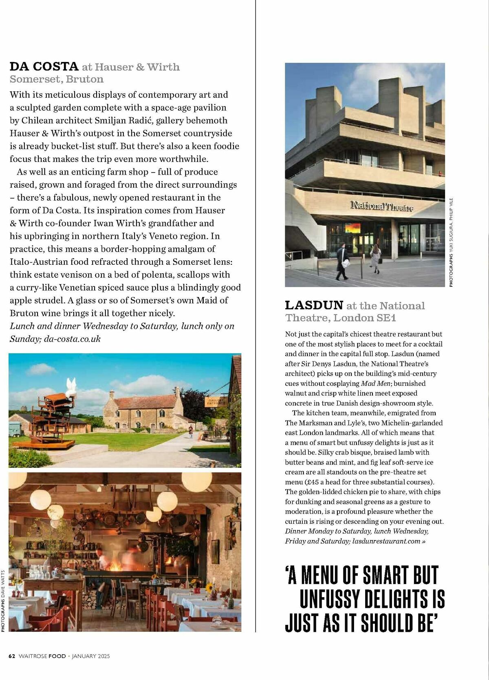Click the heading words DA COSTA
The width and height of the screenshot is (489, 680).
(44, 66)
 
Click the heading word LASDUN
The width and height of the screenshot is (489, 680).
(314, 305)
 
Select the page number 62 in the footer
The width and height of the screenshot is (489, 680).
(12, 656)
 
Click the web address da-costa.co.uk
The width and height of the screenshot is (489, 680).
(72, 339)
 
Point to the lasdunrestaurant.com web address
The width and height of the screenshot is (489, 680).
(386, 541)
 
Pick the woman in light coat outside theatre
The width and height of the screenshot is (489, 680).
(375, 258)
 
